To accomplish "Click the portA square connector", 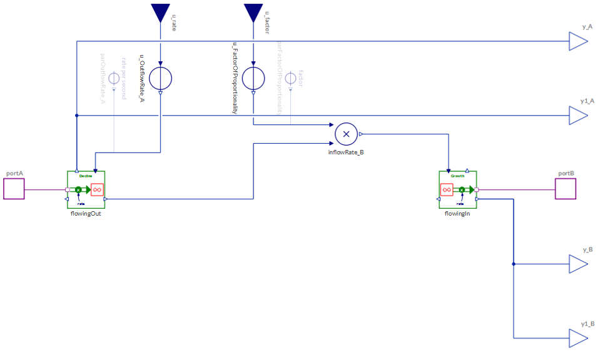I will tap(14, 189).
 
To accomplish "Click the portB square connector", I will tap(565, 189).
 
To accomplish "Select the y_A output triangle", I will tap(577, 41).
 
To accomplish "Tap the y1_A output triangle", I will tap(577, 116).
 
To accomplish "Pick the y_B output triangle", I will tap(577, 264).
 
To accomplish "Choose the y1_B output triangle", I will tap(577, 338).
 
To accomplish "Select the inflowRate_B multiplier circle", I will tap(346, 134).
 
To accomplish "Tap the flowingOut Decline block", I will tap(86, 189).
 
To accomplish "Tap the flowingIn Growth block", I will tap(457, 189).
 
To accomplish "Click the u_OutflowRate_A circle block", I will tap(161, 79).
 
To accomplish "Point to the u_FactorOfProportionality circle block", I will tap(253, 79).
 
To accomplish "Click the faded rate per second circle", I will tap(114, 79).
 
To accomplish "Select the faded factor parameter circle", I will tap(290, 79).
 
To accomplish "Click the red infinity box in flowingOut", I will tap(97, 189).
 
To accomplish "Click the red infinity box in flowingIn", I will tap(447, 189).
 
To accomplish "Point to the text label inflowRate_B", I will tap(346, 152).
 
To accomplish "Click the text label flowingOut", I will tap(86, 213).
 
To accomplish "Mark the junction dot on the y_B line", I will tap(514, 264).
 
